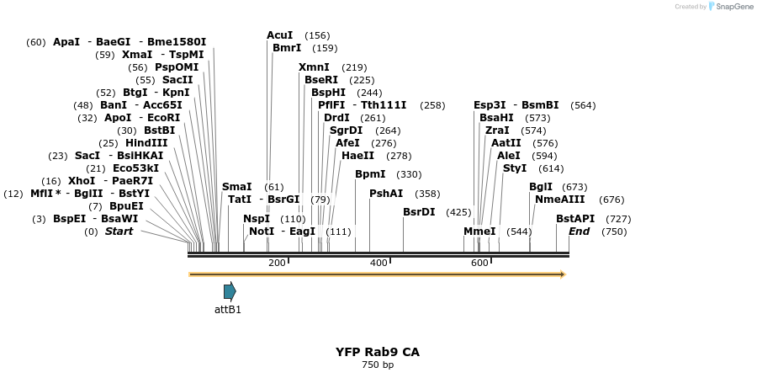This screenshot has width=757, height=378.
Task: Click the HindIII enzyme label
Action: click(x=146, y=143)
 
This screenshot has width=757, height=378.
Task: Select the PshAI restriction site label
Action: click(x=386, y=194)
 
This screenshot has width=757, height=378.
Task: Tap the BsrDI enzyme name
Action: click(x=419, y=212)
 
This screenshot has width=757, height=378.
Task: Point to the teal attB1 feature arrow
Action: click(x=230, y=291)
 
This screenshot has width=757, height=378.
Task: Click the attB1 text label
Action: click(x=227, y=310)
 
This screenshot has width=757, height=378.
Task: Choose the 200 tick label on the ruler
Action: click(x=277, y=263)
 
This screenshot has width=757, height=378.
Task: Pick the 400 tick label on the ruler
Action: click(x=378, y=263)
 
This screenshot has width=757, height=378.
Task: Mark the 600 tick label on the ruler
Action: click(x=480, y=263)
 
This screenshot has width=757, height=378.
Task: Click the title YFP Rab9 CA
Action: click(x=378, y=352)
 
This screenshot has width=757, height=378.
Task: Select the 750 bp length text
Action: click(x=378, y=365)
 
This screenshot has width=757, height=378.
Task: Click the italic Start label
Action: click(x=119, y=232)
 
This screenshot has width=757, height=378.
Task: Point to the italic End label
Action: click(x=579, y=232)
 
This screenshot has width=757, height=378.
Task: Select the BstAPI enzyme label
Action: click(x=575, y=219)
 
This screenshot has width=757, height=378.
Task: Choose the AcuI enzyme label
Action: click(x=280, y=35)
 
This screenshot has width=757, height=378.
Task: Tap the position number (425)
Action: click(x=458, y=212)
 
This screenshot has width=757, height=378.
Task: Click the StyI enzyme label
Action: click(x=515, y=168)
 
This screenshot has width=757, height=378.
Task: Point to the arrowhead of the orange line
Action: click(x=563, y=274)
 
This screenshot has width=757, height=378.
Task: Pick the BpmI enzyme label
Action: click(x=370, y=174)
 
